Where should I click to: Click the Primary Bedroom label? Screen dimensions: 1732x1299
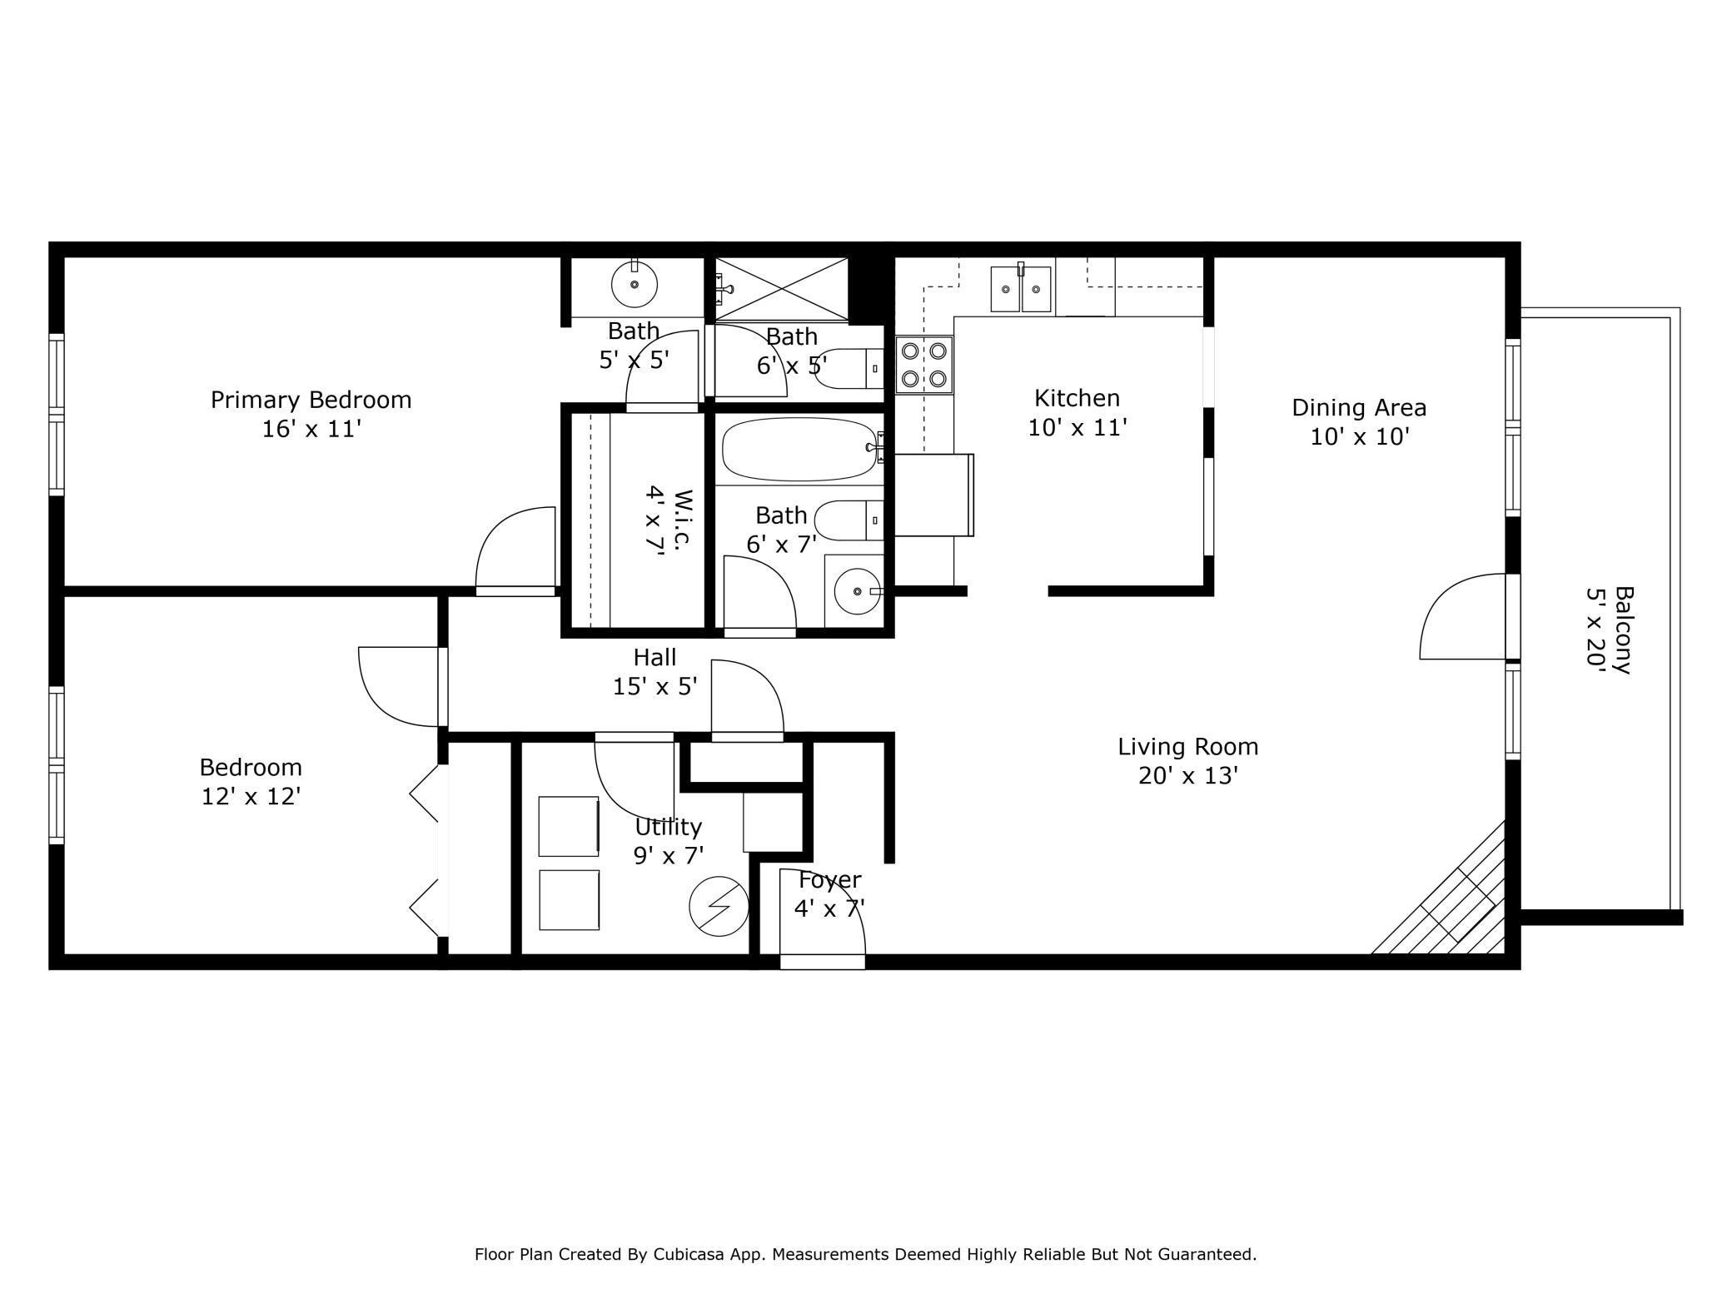coord(311,400)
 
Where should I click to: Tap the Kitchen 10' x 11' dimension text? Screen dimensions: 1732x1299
coord(1078,427)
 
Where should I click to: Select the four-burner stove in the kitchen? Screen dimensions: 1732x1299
coord(924,365)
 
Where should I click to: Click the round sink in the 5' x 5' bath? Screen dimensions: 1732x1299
coord(635,284)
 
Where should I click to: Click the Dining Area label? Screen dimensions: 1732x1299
coord(1359,408)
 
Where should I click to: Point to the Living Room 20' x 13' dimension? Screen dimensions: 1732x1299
coord(1188,775)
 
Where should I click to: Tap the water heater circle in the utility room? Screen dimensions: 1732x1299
coord(719,906)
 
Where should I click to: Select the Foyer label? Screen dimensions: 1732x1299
coord(829,879)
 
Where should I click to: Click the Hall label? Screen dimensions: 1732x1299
coord(654,657)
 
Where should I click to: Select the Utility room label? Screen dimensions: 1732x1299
coord(668,828)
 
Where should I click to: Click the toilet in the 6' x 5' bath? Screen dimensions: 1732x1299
coord(849,368)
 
